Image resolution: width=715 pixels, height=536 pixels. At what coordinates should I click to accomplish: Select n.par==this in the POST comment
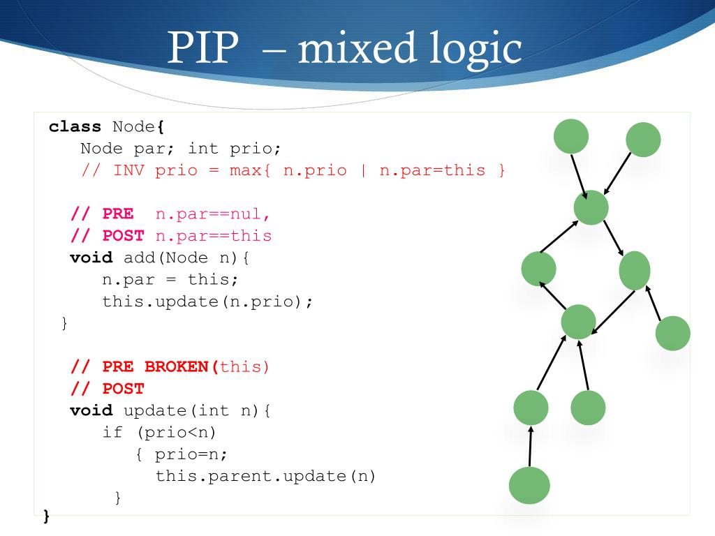point(213,236)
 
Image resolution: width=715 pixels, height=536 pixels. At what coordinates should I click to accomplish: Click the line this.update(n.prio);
point(208,301)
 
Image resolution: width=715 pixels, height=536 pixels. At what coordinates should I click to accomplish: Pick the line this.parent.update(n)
point(265,476)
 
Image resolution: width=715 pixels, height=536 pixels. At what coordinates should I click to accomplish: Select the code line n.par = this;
point(170,280)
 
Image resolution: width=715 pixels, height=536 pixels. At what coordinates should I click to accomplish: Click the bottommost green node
point(529,486)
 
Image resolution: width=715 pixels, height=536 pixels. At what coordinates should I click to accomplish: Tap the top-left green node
point(571,136)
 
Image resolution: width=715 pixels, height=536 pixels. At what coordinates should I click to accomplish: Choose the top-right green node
point(643,140)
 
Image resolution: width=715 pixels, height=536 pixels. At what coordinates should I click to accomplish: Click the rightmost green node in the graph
point(673,333)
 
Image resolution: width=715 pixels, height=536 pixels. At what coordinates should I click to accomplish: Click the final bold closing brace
point(47,516)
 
